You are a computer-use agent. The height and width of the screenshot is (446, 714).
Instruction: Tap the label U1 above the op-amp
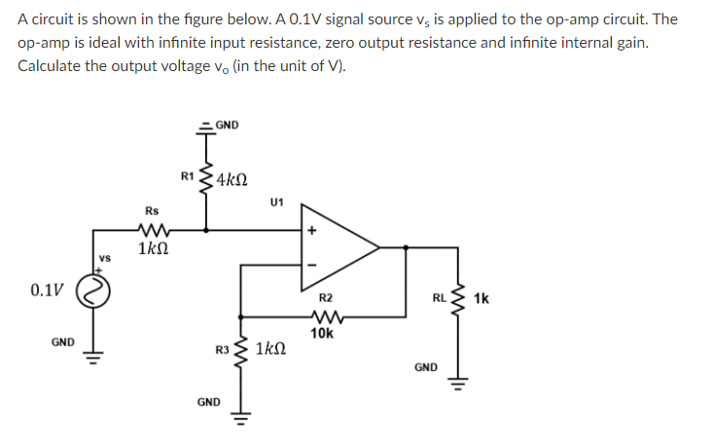[x=278, y=203]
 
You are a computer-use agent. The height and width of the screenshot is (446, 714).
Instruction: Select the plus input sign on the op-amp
[x=313, y=232]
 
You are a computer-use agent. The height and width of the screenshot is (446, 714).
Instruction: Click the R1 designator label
[x=188, y=176]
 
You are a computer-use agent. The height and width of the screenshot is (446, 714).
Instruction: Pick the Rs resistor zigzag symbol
[x=154, y=232]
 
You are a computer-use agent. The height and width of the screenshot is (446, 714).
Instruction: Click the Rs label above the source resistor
[x=152, y=210]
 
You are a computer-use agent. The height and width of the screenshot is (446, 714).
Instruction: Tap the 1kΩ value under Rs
[x=154, y=251]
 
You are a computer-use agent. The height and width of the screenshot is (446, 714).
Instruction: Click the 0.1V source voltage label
[x=48, y=290]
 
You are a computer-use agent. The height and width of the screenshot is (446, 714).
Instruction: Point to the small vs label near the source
[x=104, y=258]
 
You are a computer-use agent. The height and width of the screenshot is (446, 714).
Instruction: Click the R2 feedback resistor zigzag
[x=325, y=315]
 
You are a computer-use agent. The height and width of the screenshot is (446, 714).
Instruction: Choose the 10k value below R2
[x=323, y=333]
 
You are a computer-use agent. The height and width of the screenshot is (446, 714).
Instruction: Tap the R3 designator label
[x=223, y=349]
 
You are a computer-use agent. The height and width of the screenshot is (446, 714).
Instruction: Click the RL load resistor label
[x=441, y=298]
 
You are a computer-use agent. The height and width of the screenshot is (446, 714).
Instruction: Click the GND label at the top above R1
[x=227, y=124]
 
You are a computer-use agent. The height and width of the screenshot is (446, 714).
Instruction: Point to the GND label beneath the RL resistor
[x=425, y=367]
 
